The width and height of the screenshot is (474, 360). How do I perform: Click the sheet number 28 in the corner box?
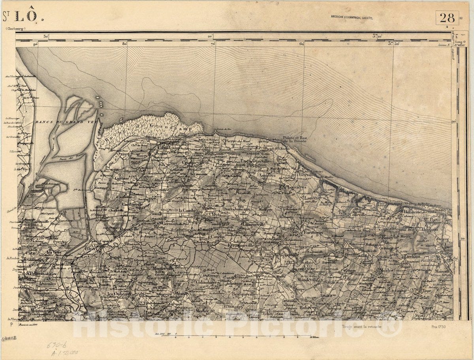pyautogui.click(x=447, y=18)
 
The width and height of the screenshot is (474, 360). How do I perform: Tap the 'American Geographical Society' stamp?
pyautogui.click(x=352, y=17)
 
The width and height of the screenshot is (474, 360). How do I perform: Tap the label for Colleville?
pyautogui.click(x=358, y=214)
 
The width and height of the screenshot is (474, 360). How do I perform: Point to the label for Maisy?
pyautogui.click(x=141, y=156)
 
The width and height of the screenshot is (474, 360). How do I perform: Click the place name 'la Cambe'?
pyautogui.click(x=188, y=211)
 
